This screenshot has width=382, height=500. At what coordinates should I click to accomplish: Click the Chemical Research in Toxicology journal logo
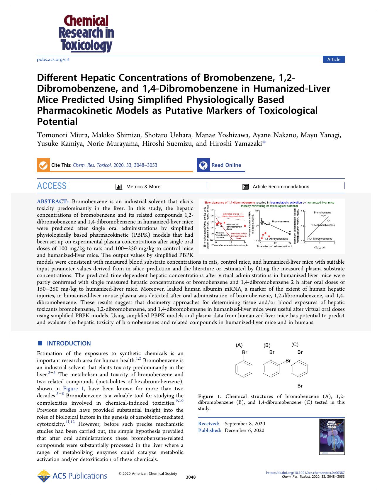(x=86, y=33)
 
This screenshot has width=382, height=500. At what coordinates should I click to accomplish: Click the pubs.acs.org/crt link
(x=53, y=60)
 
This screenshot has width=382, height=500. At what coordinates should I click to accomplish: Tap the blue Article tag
(x=334, y=60)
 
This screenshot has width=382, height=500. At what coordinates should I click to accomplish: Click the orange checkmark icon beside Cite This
(x=43, y=165)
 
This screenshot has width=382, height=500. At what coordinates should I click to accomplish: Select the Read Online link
(x=226, y=165)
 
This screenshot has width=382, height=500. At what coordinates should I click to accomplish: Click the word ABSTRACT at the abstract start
(x=53, y=201)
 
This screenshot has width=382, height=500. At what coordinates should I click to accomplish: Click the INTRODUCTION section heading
(x=69, y=343)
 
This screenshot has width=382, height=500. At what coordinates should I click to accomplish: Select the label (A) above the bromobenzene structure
(x=239, y=345)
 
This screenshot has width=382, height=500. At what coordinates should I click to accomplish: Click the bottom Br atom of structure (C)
(x=300, y=386)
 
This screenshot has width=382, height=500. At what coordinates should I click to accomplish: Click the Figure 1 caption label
(x=210, y=396)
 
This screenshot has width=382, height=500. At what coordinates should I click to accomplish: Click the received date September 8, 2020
(x=245, y=423)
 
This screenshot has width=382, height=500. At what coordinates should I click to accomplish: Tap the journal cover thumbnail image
(x=332, y=437)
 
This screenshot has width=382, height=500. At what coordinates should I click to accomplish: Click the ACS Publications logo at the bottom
(x=72, y=476)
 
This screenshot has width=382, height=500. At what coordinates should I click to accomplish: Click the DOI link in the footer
(x=305, y=473)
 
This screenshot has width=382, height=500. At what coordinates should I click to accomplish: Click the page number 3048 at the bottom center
(x=191, y=477)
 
